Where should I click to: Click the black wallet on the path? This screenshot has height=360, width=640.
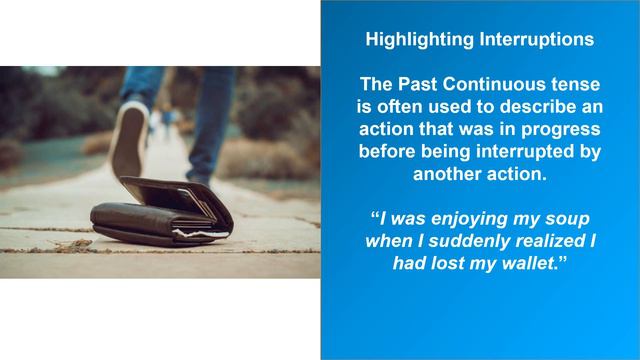tap(160, 215)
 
